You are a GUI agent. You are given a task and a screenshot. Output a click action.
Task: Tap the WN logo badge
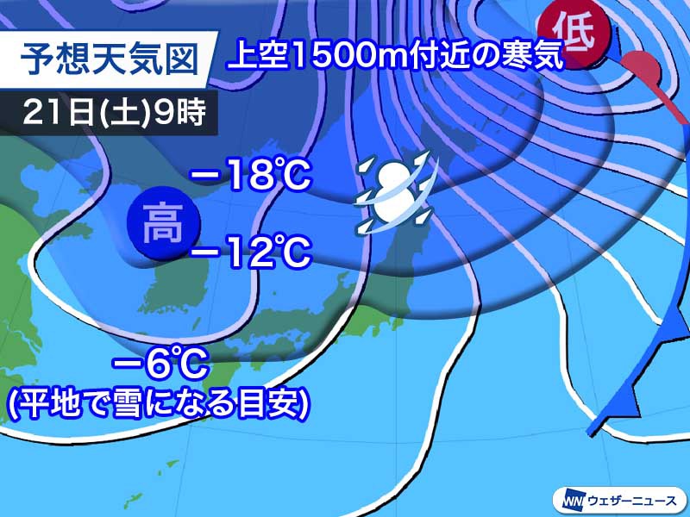tap(570, 498)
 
